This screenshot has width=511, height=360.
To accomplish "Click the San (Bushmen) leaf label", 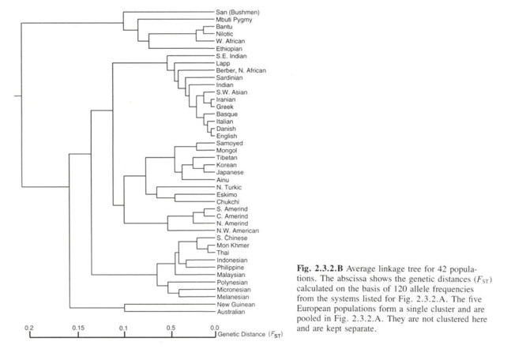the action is (238, 13).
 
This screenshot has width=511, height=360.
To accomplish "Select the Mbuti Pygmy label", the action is (234, 20).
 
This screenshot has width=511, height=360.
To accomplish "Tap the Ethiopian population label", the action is (229, 48).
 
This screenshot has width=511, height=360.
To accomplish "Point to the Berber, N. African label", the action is (241, 70).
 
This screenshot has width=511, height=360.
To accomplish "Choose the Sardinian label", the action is (229, 77).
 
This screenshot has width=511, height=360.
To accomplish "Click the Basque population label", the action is (227, 114).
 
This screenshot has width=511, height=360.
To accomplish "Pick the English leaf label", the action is (227, 136).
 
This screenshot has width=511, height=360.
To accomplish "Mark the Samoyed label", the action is (229, 143).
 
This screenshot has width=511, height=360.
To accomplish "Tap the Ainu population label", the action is (223, 180).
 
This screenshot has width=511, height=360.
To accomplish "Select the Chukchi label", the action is (227, 201).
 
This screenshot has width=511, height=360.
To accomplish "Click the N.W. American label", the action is (238, 231).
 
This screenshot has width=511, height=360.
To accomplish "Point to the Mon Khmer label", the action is (233, 246).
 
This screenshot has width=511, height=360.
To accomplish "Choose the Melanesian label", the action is (233, 297).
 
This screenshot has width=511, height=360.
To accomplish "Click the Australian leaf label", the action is (231, 312).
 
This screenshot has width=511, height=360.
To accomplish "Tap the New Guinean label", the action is (236, 305).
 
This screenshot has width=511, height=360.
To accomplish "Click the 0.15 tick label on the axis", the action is (78, 328).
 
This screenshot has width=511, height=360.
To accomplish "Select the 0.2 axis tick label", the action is (29, 328).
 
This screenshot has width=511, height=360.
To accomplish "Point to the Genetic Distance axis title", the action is (250, 334).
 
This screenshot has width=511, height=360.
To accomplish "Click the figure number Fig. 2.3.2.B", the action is (320, 268).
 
